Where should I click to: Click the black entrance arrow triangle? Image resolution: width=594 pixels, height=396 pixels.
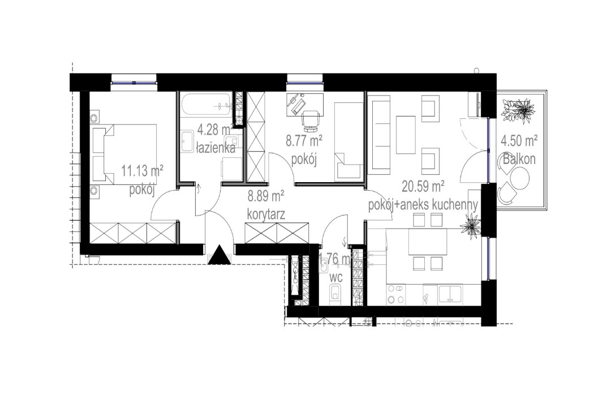point(219,256)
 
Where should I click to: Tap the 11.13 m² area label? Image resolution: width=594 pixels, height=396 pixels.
point(143,169)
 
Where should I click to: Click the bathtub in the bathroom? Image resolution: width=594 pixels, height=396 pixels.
point(206,104)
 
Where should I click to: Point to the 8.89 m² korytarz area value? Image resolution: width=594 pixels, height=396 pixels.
point(266,196)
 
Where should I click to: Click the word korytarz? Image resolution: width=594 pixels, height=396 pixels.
point(265,214)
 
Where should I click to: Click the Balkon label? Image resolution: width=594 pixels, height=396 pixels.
point(519,160)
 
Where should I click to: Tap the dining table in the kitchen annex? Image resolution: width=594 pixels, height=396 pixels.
point(427,244)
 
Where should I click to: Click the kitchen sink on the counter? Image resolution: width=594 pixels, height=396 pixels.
point(450,294)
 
